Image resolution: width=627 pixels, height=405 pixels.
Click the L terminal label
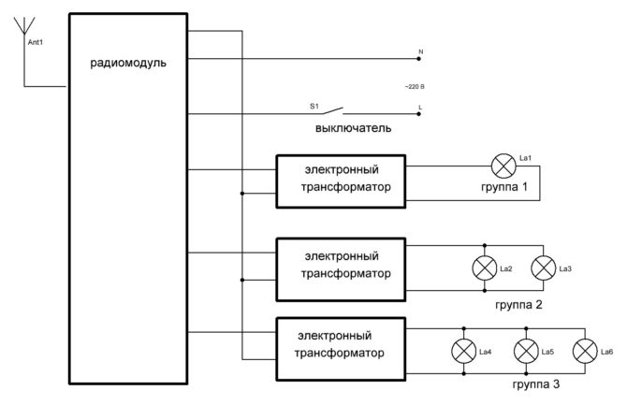(420, 107)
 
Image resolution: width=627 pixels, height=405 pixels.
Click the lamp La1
(503, 166)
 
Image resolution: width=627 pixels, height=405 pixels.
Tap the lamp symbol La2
(485, 268)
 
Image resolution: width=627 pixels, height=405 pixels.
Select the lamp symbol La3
(543, 268)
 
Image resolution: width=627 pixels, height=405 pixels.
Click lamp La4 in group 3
(463, 351)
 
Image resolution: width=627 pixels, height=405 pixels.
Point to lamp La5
(526, 351)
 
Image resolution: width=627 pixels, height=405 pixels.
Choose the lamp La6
(586, 351)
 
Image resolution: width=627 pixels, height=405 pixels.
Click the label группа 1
(498, 189)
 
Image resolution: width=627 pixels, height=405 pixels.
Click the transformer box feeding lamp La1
(340, 181)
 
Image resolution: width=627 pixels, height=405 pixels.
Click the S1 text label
(314, 107)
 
